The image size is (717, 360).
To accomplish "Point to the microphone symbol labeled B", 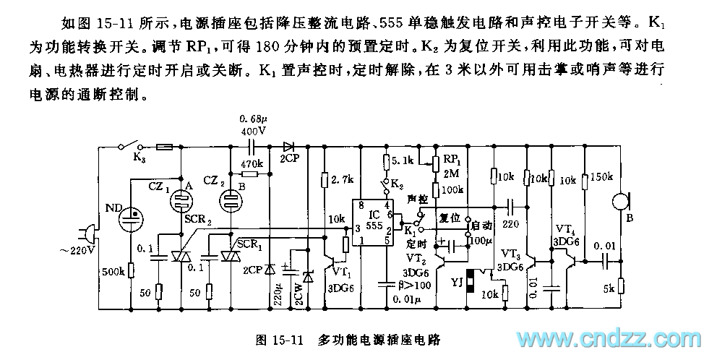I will [619, 202].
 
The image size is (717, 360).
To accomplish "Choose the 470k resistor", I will [249, 174].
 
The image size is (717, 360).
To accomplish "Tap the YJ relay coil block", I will [469, 283].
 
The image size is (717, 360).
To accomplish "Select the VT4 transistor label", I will [564, 231].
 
